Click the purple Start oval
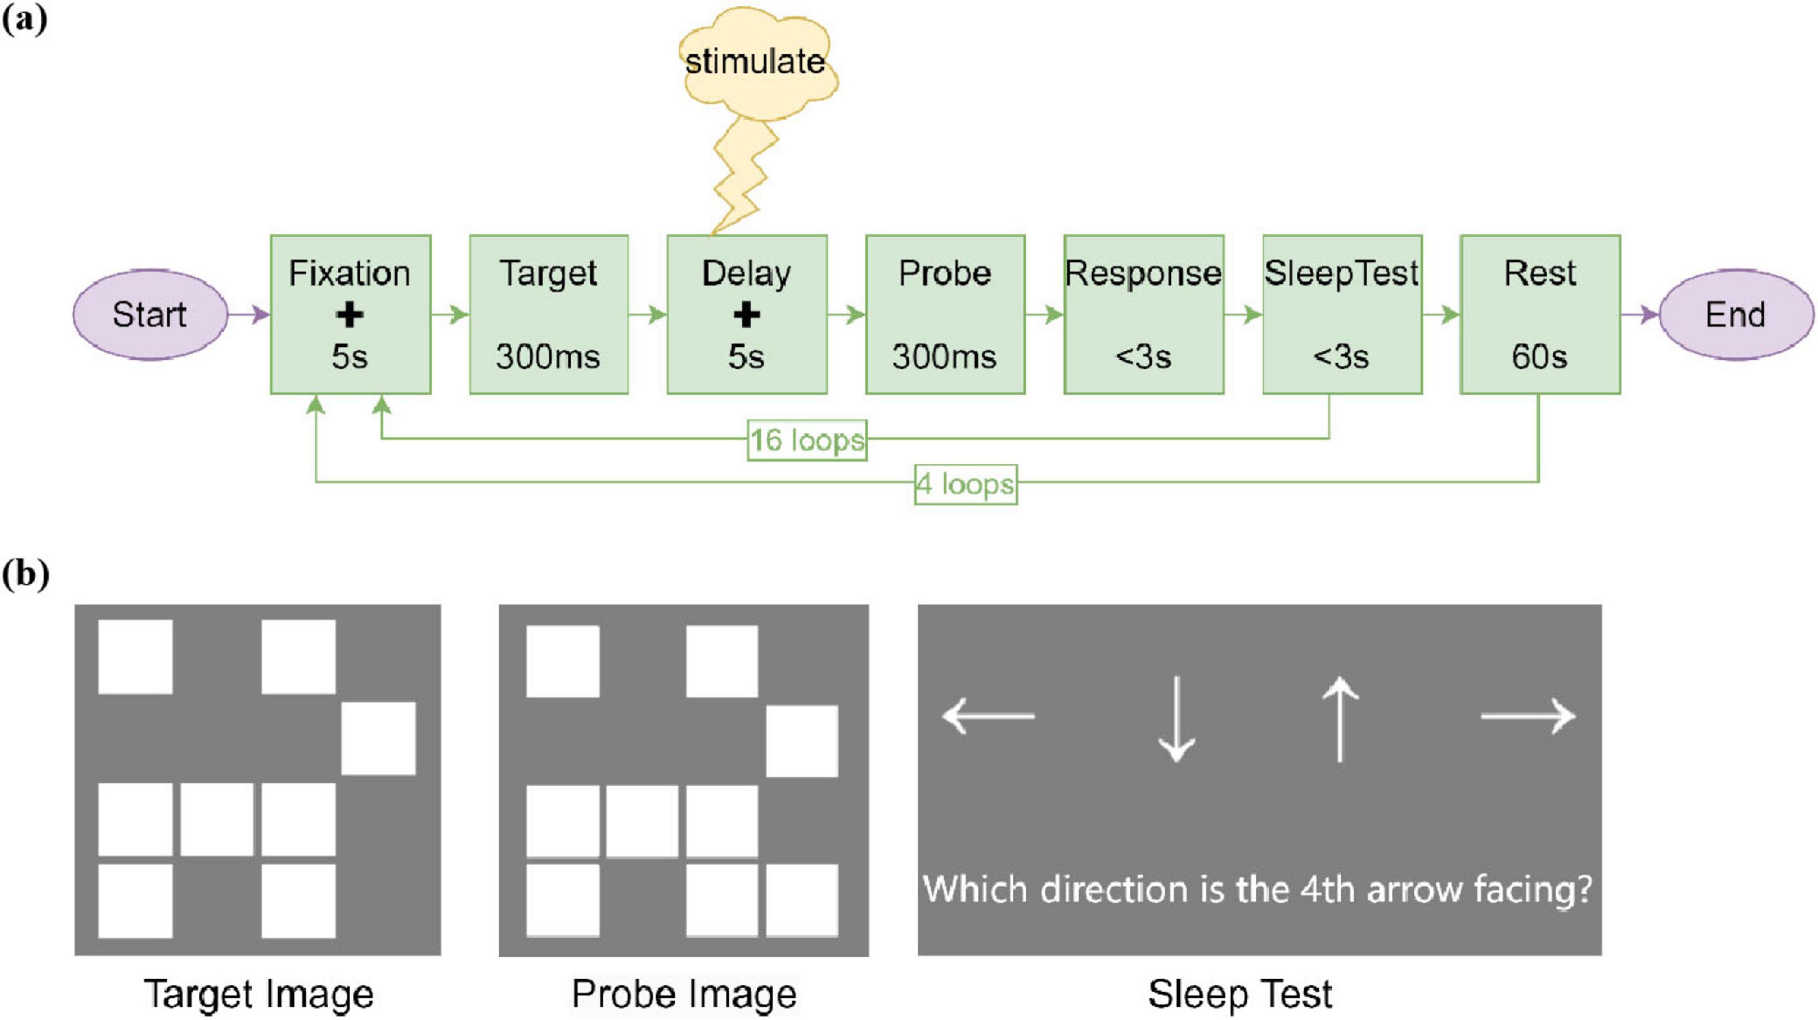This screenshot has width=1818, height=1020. click(150, 315)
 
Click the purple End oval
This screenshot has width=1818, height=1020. click(1736, 315)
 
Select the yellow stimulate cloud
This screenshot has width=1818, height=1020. click(756, 63)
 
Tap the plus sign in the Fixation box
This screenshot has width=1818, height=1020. click(350, 315)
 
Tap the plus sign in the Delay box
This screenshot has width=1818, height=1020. click(747, 315)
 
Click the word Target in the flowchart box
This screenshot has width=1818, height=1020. click(548, 273)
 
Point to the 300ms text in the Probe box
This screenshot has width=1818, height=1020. click(944, 357)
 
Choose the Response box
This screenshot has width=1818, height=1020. click(1143, 315)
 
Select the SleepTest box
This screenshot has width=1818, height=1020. click(1341, 315)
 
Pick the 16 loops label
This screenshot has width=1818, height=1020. click(807, 440)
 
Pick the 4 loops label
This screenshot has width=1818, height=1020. click(966, 484)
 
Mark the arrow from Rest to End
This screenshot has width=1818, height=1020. click(1639, 315)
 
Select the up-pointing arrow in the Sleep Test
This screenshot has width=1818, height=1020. click(1339, 719)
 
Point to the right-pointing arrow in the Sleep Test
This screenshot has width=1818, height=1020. click(1528, 716)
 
